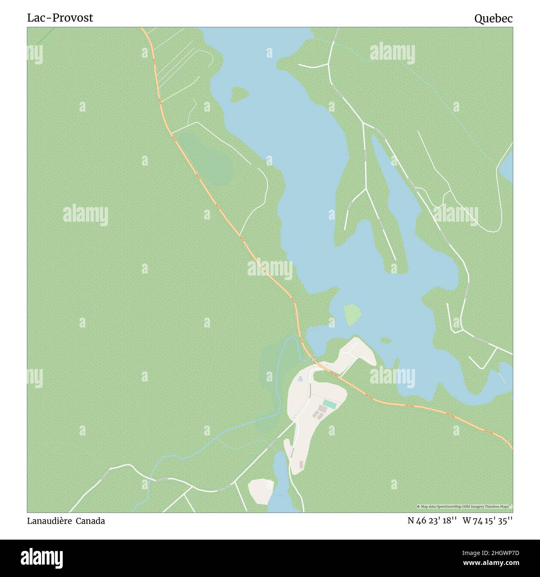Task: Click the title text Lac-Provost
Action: coord(60,18)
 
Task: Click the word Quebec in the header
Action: coord(493,18)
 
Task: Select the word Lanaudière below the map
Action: coord(49,521)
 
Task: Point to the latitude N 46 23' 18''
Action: coord(432,521)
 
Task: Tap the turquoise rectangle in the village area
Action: coord(329,403)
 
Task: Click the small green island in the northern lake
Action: coord(239,94)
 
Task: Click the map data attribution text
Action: coord(464,506)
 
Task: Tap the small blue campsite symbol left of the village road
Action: coord(299,378)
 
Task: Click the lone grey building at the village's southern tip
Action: coord(301,464)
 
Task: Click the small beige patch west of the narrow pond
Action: coord(260,491)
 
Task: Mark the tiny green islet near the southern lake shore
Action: coord(385,340)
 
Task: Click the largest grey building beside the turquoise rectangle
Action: coord(322,409)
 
